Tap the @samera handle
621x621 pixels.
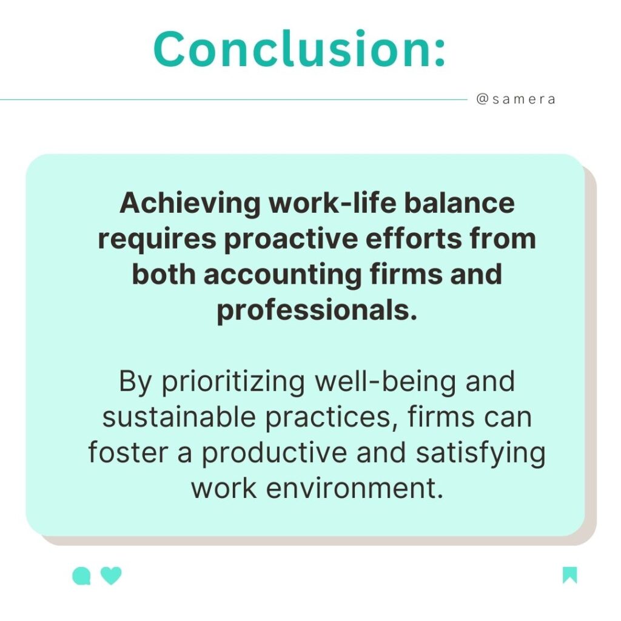[515, 99]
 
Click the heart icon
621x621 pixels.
[111, 576]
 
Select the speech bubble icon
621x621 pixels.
[81, 576]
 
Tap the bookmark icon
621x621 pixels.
[569, 575]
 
